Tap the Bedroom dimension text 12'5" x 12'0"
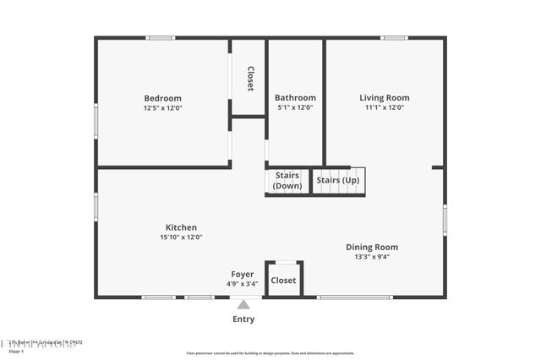point(162,108)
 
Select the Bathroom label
point(295,98)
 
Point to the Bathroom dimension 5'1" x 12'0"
point(295,108)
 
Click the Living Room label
point(385,98)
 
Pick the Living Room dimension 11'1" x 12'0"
point(385,108)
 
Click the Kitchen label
point(181,227)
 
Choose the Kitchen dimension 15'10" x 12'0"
point(181,237)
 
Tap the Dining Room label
point(372,248)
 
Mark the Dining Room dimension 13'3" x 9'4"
point(372,258)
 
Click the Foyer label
point(243,275)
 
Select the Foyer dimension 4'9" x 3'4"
point(243,284)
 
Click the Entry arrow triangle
point(243,304)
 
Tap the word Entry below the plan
point(243,319)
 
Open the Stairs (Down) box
point(287,181)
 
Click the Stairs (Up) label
point(337,181)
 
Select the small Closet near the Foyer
point(284,281)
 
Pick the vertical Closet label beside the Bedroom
point(250,79)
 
